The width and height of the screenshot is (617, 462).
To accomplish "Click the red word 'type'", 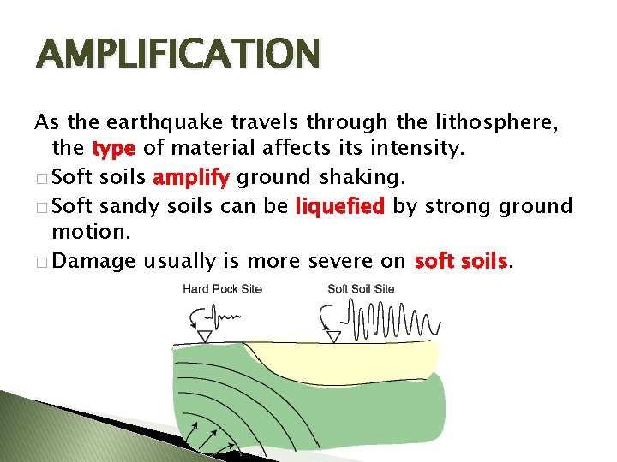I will click(x=112, y=149).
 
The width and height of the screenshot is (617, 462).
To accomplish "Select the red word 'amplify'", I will click(x=191, y=177).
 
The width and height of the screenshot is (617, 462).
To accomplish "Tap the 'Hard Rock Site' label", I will click(x=222, y=289).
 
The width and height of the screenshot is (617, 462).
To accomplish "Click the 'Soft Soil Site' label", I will click(x=361, y=289).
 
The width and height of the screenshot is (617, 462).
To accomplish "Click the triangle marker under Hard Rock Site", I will click(x=205, y=337).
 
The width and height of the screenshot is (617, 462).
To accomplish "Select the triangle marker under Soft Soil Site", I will click(x=334, y=337).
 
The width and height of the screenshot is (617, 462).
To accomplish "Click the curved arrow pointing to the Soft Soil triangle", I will click(x=326, y=320).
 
